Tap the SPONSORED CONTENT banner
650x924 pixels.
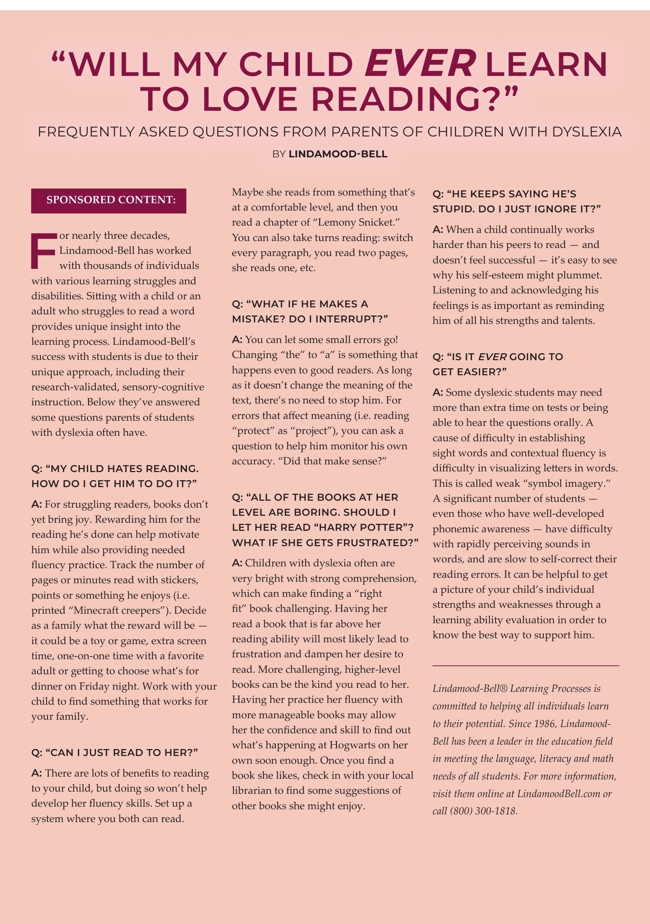tap(109, 200)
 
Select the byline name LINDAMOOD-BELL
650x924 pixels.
tap(338, 154)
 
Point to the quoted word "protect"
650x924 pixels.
tap(253, 431)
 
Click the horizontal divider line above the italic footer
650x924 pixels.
tap(525, 666)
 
